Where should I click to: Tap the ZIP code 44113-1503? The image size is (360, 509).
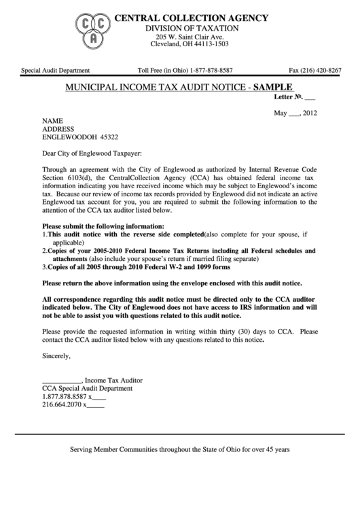tap(209, 43)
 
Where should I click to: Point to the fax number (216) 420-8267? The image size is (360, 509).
tap(315, 70)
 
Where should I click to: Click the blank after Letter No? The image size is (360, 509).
tap(310, 98)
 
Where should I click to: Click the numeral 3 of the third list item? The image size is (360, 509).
tap(44, 268)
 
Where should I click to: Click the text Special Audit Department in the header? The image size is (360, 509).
tap(56, 70)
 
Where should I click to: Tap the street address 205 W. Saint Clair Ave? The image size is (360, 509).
tap(188, 36)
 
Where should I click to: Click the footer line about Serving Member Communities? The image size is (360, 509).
tap(180, 450)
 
